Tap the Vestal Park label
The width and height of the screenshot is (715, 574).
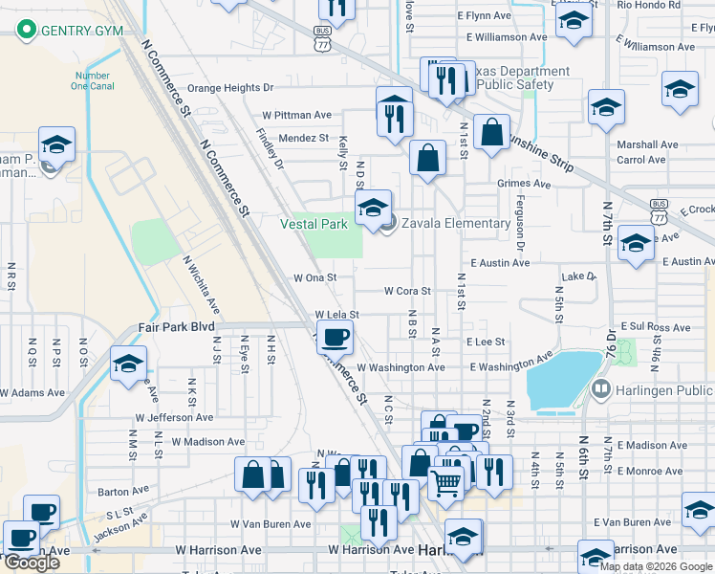(314, 224)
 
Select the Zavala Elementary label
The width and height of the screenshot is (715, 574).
(456, 224)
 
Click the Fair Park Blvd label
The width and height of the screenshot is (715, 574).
(176, 325)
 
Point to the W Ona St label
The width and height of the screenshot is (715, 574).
(315, 277)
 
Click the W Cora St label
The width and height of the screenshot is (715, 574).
(408, 291)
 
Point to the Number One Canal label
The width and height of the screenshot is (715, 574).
(93, 80)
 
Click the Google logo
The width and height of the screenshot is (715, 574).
(32, 563)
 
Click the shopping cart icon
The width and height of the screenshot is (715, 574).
(446, 482)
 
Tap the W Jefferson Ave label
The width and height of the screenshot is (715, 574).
(174, 417)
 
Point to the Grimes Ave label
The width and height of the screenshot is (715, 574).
(524, 184)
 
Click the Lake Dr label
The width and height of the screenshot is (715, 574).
(578, 276)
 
